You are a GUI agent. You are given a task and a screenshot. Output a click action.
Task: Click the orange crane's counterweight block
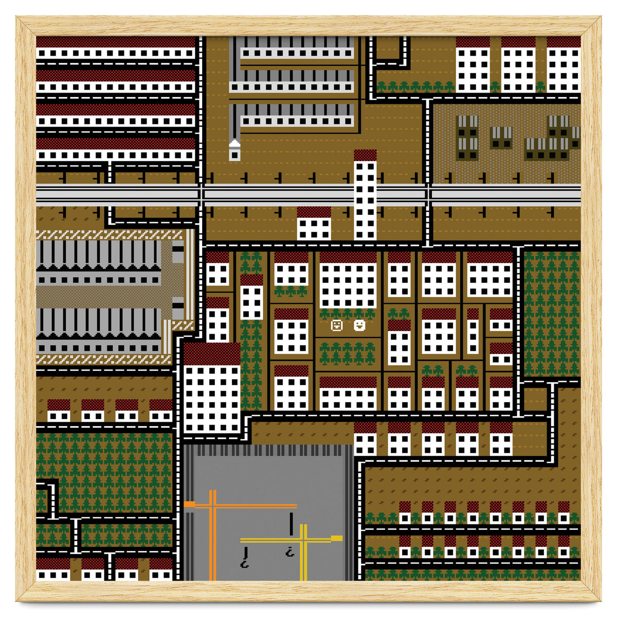click(x=189, y=504)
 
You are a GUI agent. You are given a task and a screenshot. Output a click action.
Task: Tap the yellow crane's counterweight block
click(x=337, y=538)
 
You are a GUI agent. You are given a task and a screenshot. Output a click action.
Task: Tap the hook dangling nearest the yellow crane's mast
click(x=291, y=553)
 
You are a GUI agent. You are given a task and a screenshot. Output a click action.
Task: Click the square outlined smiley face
click(x=337, y=325)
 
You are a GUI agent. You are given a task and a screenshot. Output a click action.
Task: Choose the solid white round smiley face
click(x=359, y=325)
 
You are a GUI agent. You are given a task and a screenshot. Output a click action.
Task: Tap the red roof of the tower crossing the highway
click(x=365, y=155)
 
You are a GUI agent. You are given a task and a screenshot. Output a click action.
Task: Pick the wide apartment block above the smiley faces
click(x=348, y=280)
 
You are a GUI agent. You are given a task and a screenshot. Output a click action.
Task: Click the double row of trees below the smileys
click(x=348, y=354)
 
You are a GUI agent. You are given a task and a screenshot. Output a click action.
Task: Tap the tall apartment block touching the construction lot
click(x=212, y=388)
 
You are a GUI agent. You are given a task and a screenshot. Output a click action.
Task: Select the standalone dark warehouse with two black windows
click(x=501, y=137)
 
